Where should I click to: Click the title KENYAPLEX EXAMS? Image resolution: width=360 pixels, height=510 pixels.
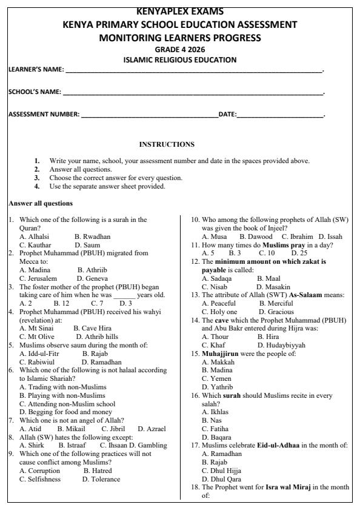pyautogui.click(x=180, y=12)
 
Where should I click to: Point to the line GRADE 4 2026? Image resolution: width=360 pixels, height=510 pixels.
pyautogui.click(x=180, y=49)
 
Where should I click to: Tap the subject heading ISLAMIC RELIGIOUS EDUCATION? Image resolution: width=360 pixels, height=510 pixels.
pyautogui.click(x=180, y=59)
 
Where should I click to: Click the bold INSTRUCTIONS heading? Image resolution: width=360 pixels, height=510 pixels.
pyautogui.click(x=167, y=144)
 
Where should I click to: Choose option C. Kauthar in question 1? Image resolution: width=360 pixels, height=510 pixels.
pyautogui.click(x=34, y=243)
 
